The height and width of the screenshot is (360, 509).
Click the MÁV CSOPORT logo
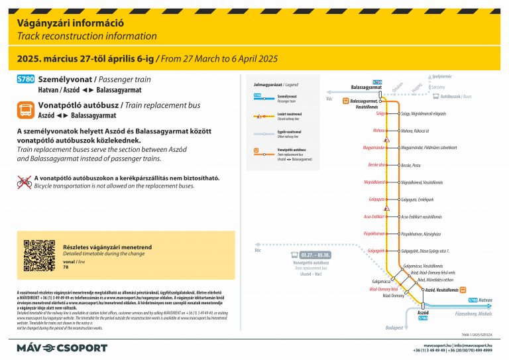point(62,347)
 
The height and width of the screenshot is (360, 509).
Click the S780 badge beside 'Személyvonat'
point(26,79)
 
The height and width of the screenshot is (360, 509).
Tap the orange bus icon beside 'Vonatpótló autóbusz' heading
point(26,109)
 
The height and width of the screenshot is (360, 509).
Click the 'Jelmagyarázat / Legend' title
point(272,85)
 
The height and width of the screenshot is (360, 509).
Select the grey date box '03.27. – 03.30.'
point(315,255)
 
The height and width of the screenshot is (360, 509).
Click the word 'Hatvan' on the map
point(486,300)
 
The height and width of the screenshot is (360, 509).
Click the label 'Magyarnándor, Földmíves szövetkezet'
point(431,147)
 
